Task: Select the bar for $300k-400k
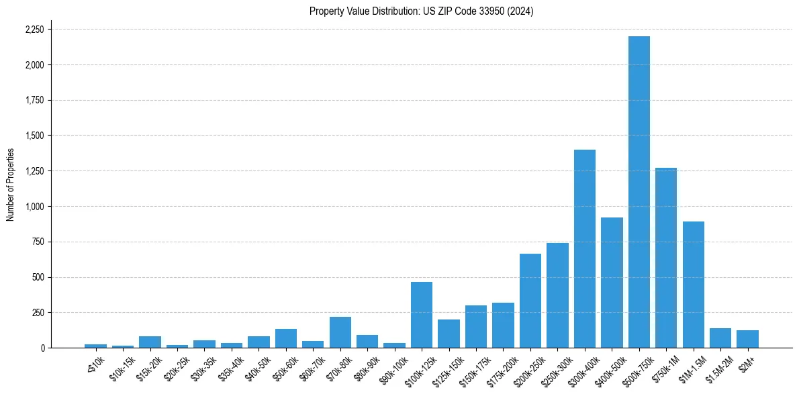pos(584,248)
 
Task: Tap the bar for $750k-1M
pos(666,258)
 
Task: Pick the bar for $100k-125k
pos(422,315)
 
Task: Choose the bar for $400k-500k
pos(612,283)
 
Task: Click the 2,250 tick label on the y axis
pos(34,30)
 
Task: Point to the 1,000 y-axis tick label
pos(34,207)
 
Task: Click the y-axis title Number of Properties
pos(10,185)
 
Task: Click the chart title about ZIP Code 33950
pos(421,11)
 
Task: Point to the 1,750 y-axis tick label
pos(34,101)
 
